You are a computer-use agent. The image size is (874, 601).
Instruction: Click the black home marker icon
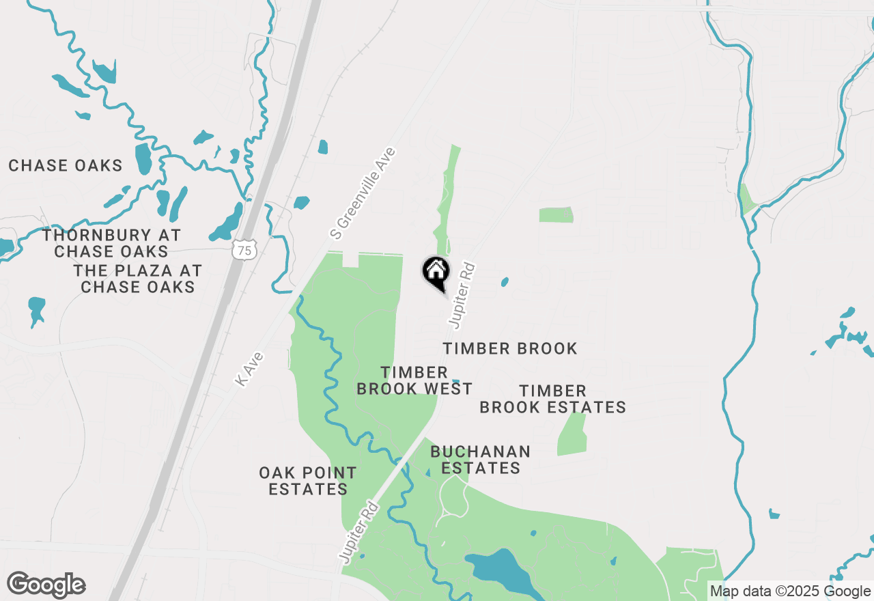click(436, 271)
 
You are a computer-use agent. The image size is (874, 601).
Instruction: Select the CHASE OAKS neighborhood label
click(66, 165)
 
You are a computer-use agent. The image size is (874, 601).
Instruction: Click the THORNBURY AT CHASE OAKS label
click(111, 243)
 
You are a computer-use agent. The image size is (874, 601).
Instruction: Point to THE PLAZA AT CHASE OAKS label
click(138, 279)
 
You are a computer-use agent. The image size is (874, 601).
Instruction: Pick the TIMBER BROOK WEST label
click(414, 380)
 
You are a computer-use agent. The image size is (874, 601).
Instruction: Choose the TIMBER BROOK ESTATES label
click(552, 399)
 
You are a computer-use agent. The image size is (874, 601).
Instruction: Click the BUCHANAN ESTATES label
click(480, 460)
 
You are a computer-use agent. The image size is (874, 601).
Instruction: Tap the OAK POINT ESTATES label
click(308, 481)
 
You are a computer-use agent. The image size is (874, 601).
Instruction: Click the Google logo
click(46, 585)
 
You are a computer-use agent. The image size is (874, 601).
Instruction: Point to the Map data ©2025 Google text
click(790, 591)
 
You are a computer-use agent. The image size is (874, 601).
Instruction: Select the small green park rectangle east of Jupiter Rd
click(556, 215)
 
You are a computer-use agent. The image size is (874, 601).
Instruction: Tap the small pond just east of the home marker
click(505, 281)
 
